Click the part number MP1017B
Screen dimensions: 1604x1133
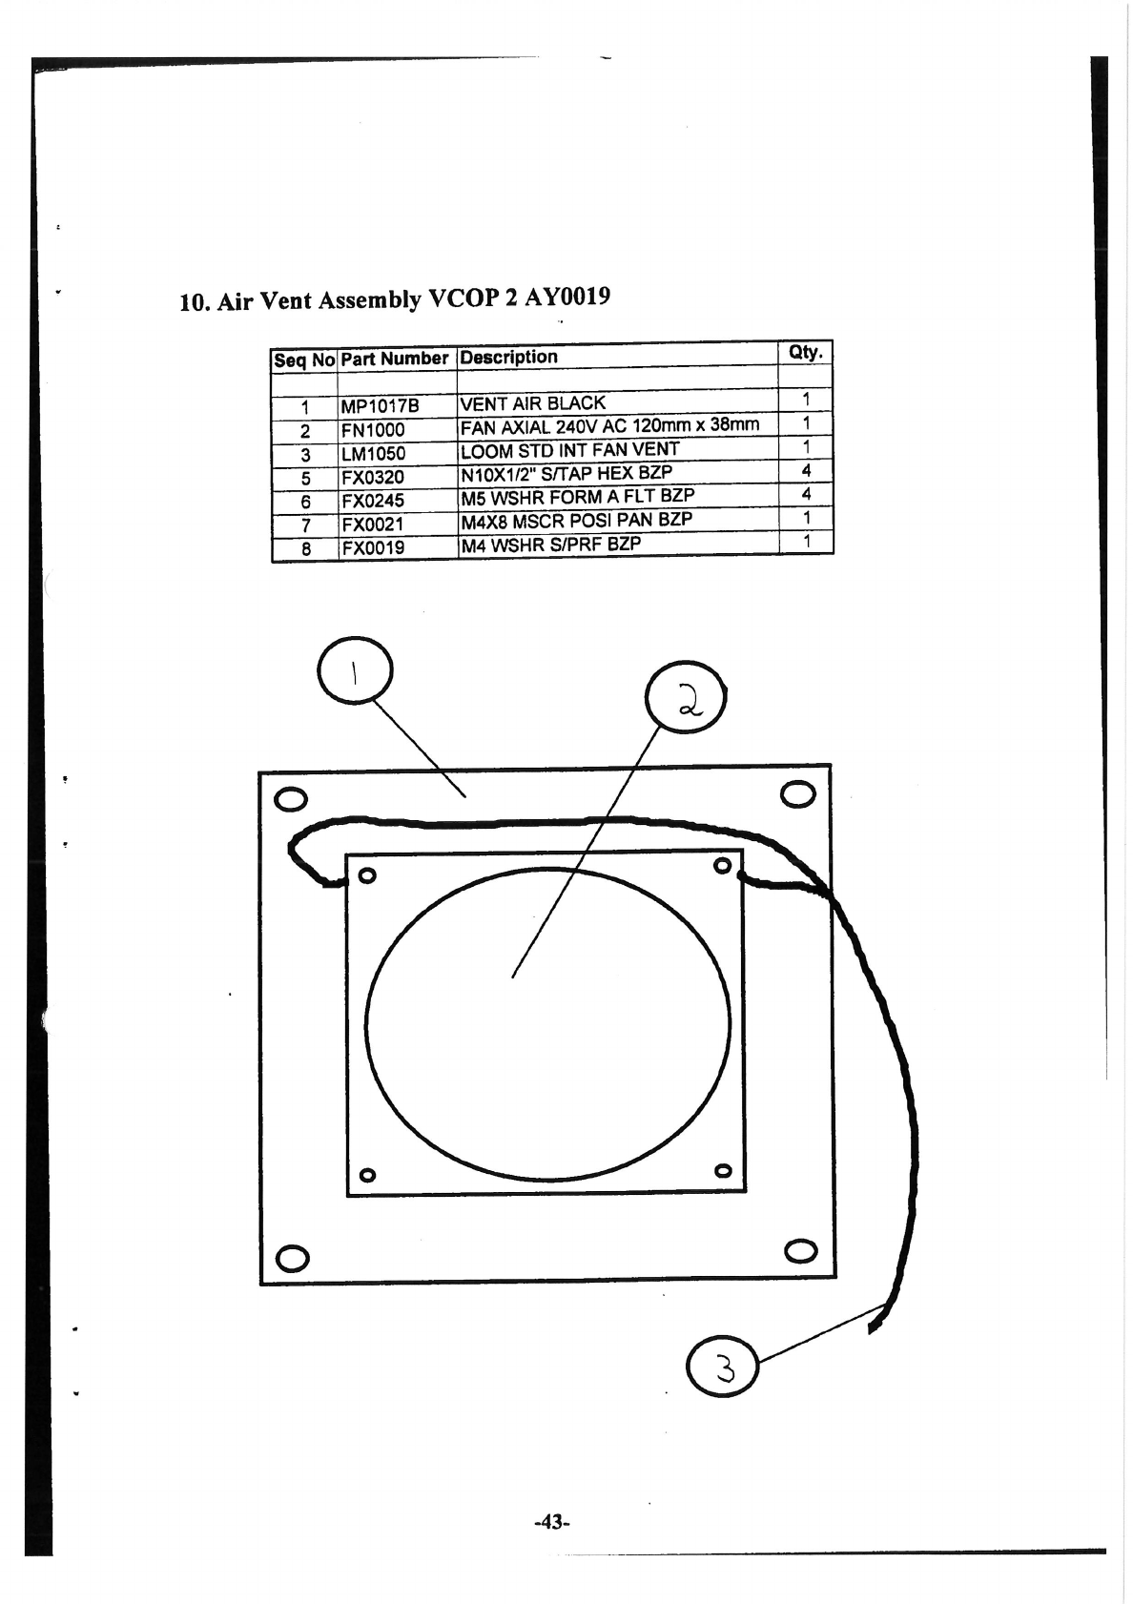(380, 406)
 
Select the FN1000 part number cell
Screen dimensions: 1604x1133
(373, 430)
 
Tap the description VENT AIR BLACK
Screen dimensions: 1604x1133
(532, 403)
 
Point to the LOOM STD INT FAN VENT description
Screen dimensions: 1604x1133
(569, 450)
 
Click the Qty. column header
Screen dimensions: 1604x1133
(806, 352)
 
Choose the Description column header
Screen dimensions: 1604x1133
(508, 358)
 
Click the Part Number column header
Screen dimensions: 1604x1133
(394, 359)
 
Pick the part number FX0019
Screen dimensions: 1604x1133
(373, 548)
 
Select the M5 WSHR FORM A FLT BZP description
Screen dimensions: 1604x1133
(577, 497)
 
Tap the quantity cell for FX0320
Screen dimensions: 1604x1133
(806, 470)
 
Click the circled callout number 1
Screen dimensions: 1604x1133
(354, 671)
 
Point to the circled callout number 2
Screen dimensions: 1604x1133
(687, 696)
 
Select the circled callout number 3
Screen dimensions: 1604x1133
(722, 1368)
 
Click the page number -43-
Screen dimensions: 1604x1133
(550, 1522)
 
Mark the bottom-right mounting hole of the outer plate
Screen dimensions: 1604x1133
(800, 1250)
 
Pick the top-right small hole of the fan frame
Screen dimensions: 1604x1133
(723, 866)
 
